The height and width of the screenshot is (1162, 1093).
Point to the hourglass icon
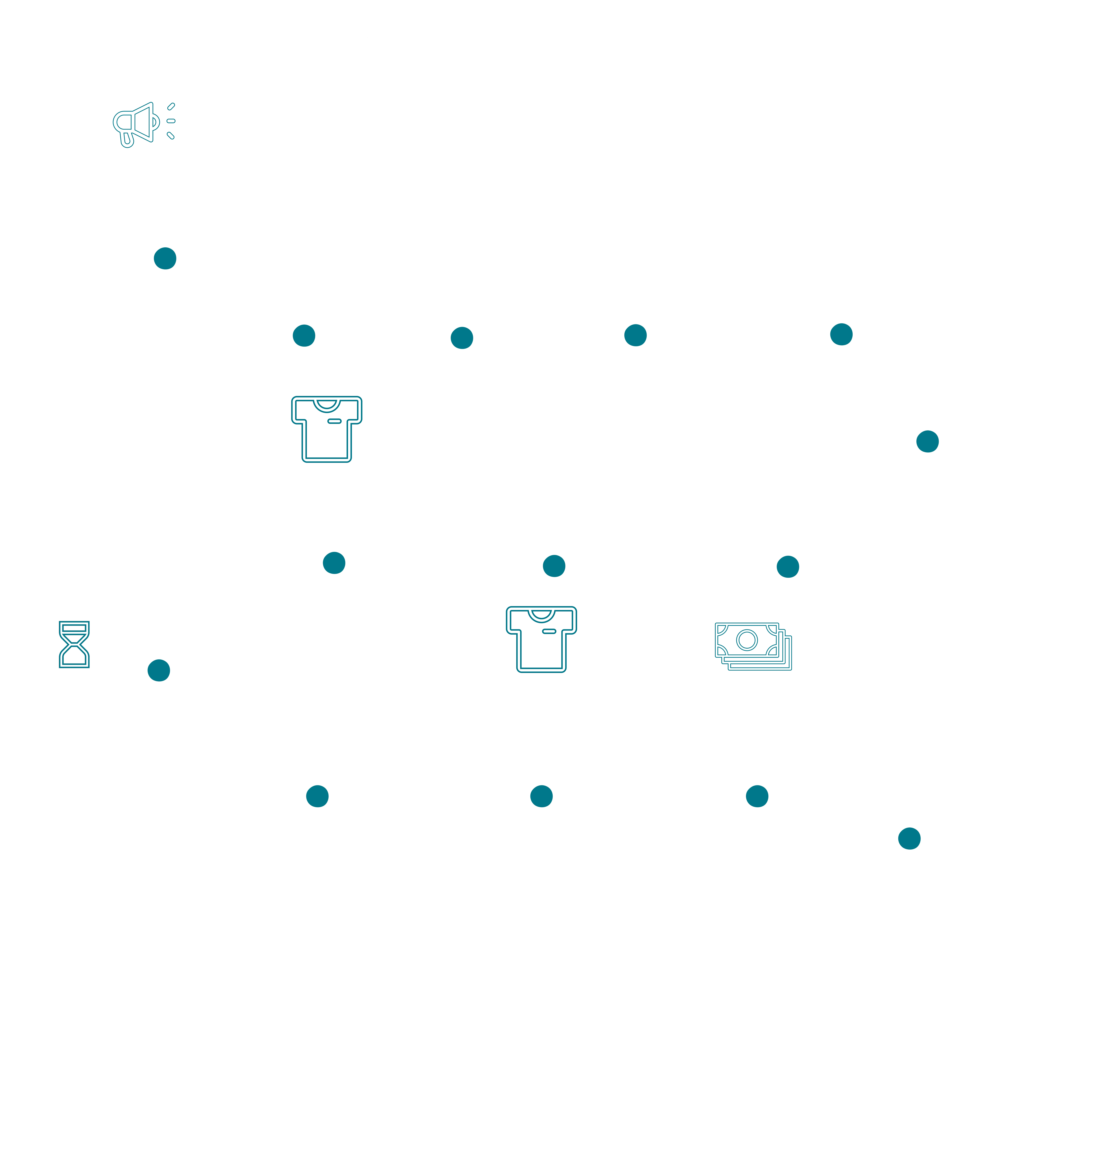74,644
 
